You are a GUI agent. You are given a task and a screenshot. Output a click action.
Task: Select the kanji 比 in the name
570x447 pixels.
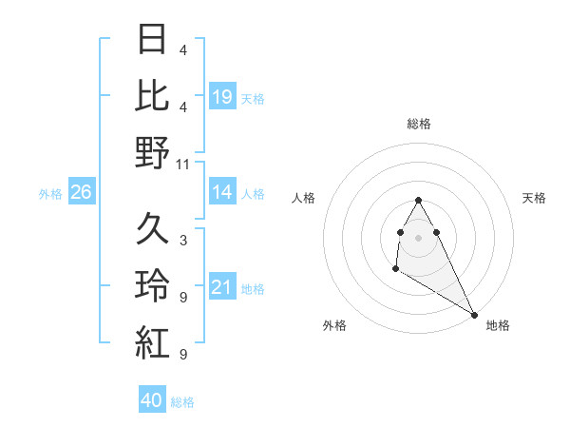[x=152, y=96]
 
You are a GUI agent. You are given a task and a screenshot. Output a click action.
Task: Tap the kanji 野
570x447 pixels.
[x=152, y=152]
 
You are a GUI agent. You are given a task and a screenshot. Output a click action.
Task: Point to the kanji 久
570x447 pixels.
[x=152, y=229]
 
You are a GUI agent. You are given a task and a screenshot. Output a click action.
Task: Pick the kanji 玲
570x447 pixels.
[x=152, y=286]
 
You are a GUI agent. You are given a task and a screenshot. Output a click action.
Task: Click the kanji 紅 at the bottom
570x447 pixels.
[x=152, y=342]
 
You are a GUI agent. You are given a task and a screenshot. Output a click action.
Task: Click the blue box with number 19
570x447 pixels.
[x=222, y=97]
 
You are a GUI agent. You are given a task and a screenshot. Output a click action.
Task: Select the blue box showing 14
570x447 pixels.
[x=222, y=193]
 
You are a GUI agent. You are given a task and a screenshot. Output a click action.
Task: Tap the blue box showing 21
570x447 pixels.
[x=222, y=288]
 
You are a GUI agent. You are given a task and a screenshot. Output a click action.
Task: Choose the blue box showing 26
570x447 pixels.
[x=81, y=193]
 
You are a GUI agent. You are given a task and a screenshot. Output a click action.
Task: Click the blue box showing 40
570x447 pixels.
[x=152, y=400]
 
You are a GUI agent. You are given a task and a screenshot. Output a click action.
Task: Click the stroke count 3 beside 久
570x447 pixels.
[x=182, y=242]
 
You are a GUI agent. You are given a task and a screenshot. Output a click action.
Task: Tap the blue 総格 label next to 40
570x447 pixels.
[x=182, y=402]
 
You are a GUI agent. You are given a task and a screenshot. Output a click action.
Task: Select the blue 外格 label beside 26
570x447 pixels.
[x=50, y=194]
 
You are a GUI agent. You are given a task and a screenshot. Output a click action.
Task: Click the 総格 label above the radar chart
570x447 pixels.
[x=419, y=124]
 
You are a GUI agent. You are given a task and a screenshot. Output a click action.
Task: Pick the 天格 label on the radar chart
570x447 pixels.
[x=534, y=198]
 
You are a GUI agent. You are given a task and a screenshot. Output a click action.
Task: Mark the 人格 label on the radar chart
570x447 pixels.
[x=304, y=198]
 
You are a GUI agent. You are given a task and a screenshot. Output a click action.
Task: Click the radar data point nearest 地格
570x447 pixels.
[x=474, y=314]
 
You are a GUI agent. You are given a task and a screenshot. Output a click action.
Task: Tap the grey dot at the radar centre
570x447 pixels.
[x=419, y=237]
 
